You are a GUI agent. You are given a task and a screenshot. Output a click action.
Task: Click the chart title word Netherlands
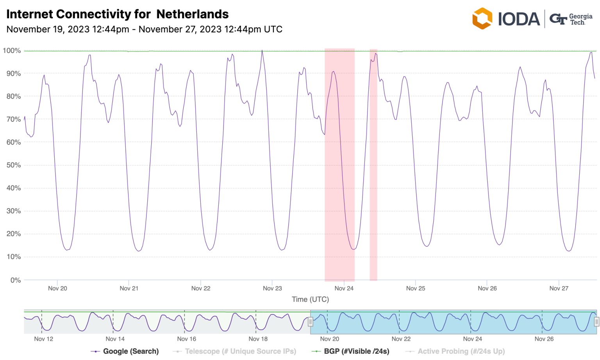[x=192, y=14]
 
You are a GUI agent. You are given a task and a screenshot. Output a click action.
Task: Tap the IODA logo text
[x=518, y=19]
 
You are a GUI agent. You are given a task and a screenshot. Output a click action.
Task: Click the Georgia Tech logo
[x=571, y=19]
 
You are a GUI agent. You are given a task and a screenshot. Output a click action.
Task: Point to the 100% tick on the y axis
[x=12, y=51]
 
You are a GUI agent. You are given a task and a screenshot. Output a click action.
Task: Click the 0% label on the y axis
[x=15, y=280]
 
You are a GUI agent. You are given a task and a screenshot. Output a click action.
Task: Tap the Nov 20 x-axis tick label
[x=57, y=289]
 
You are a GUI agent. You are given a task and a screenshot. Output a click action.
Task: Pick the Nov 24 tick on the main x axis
[x=344, y=289]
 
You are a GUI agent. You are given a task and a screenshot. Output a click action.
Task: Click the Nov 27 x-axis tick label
[x=559, y=289]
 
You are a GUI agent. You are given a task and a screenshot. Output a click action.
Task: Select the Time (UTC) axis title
[x=310, y=299]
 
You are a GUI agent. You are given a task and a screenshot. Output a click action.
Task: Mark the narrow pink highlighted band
[x=373, y=164]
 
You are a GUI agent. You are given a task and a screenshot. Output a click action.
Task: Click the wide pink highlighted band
[x=339, y=164]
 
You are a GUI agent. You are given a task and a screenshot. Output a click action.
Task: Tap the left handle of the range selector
[x=311, y=322]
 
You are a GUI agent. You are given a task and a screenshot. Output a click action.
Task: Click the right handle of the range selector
[x=596, y=322]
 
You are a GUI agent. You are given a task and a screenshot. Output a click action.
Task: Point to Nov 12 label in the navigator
[x=43, y=339]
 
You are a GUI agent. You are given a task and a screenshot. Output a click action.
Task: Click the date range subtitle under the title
[x=144, y=29]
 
